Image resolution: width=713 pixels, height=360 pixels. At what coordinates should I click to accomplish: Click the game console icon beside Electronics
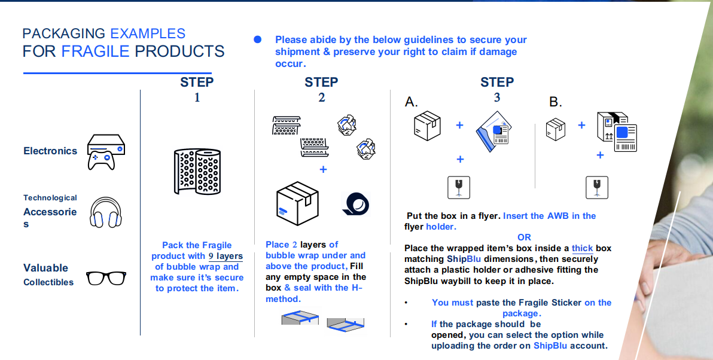coord(106,151)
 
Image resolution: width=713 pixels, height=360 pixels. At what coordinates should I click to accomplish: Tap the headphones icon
coord(105,212)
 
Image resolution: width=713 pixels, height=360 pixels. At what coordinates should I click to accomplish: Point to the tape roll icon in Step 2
coord(355,203)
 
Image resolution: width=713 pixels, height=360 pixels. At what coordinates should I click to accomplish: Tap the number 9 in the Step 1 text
coord(211,256)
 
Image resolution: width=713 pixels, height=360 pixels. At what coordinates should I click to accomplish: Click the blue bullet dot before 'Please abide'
coord(258,39)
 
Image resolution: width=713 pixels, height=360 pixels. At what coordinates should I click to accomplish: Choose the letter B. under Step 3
coord(556,102)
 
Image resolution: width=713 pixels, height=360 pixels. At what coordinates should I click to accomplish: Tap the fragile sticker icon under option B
coord(596,187)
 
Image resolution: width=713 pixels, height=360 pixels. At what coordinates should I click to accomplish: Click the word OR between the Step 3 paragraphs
coord(524,237)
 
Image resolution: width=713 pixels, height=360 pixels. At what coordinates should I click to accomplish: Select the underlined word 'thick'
coord(582,248)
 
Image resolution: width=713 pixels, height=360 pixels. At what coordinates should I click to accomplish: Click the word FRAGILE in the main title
coord(96,51)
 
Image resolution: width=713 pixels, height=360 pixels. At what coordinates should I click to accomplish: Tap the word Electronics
coord(50,151)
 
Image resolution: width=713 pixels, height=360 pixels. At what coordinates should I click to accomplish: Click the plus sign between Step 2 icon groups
coord(323,169)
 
